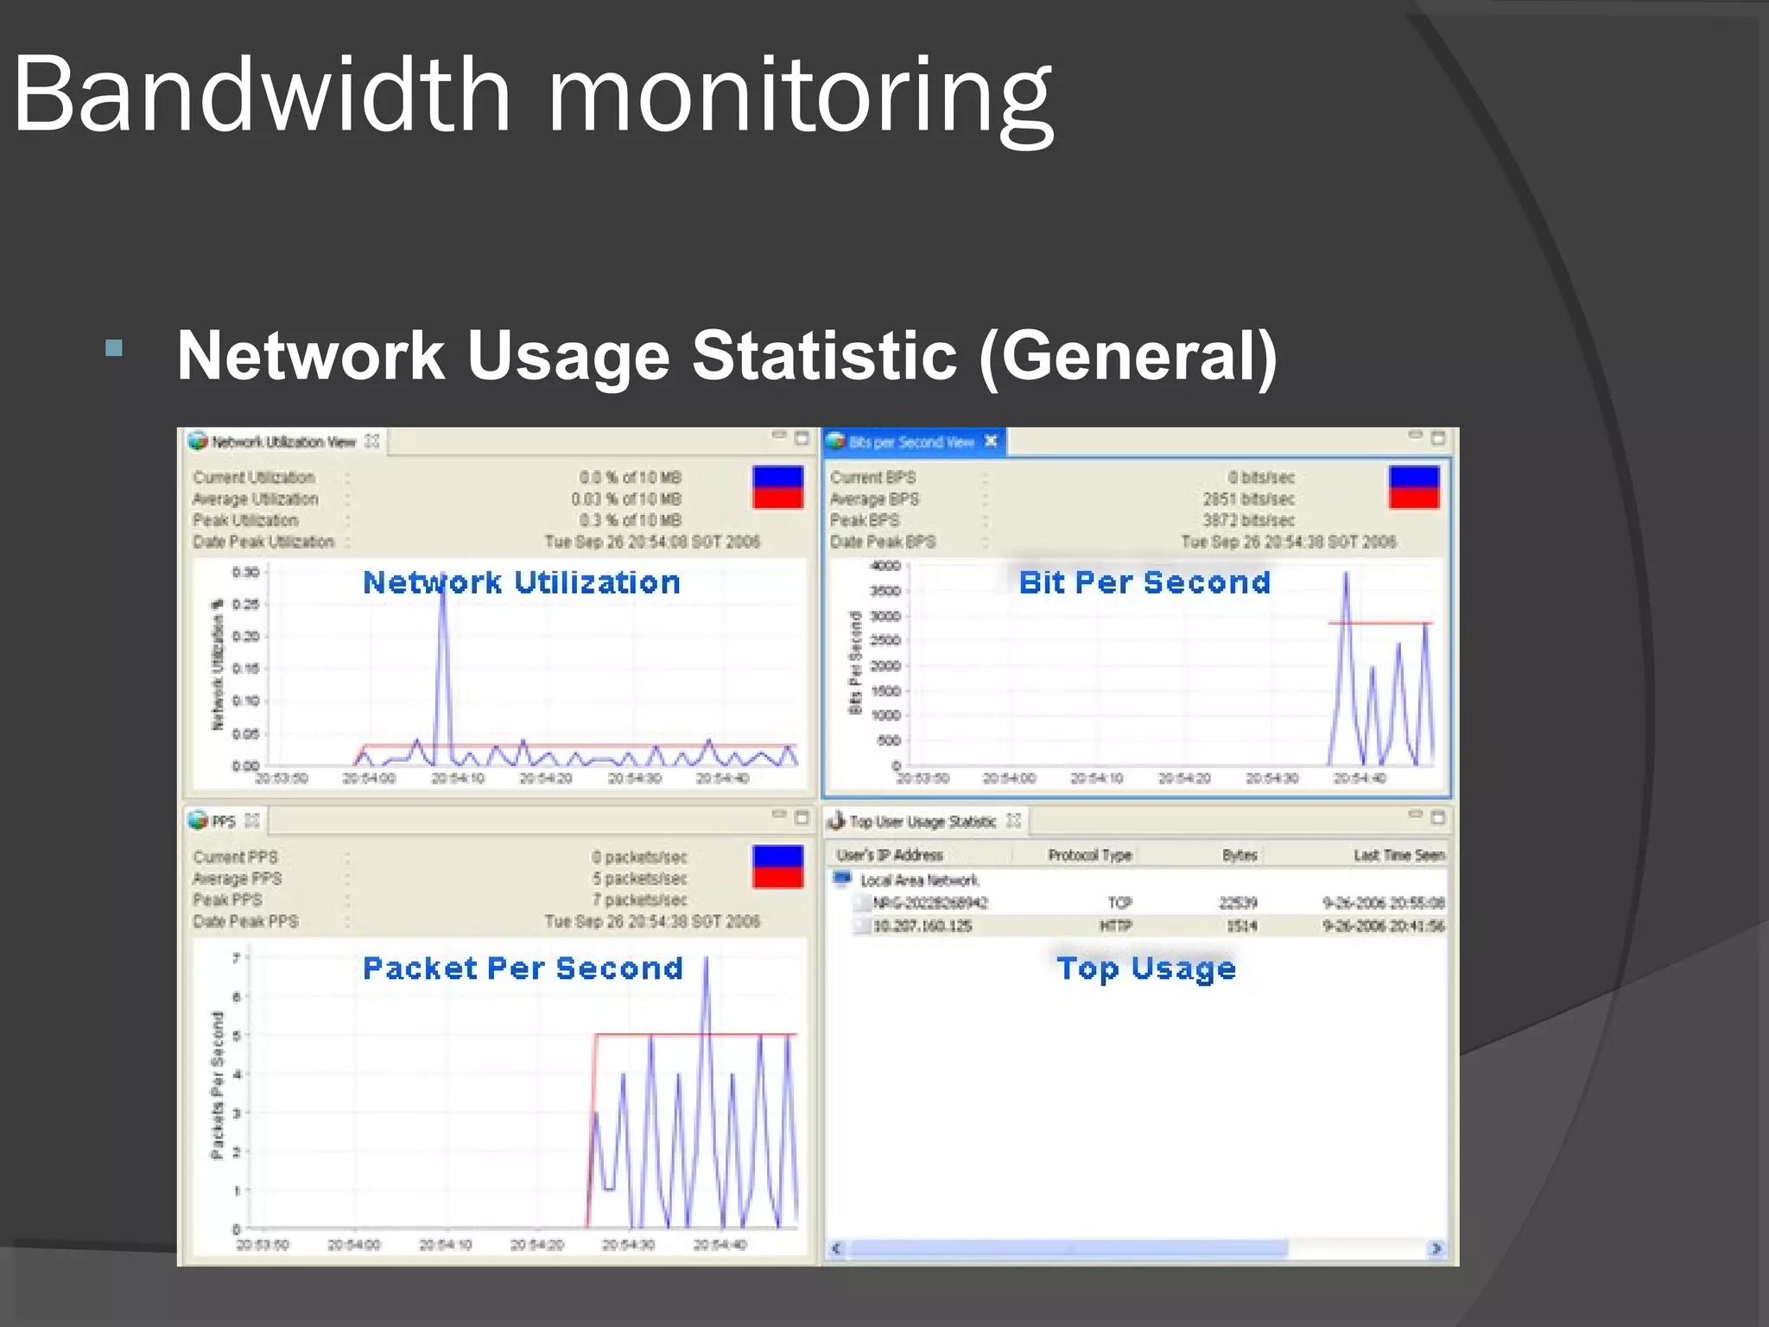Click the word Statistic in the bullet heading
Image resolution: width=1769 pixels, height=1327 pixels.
825,356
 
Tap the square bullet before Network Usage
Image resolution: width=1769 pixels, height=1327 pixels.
114,349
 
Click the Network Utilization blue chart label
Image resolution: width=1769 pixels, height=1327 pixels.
521,582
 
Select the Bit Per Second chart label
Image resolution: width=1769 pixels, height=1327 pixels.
1144,582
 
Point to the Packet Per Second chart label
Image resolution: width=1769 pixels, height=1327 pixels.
523,968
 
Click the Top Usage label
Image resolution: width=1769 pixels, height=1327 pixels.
1146,968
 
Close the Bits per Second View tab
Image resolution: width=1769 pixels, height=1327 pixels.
991,441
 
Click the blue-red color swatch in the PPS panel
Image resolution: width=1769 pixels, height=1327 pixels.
777,867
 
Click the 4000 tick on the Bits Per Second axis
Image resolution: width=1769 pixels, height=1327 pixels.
885,566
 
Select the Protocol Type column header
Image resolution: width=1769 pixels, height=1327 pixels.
1090,855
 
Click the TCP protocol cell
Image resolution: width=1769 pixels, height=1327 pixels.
1119,903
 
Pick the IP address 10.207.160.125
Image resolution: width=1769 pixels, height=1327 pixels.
923,926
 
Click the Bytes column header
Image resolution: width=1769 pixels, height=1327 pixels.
1240,855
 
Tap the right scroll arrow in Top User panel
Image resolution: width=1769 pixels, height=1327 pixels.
1436,1248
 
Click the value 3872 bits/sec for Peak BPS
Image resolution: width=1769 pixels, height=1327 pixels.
1248,520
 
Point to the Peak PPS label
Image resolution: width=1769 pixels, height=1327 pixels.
228,900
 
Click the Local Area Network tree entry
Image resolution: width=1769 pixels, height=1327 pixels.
919,880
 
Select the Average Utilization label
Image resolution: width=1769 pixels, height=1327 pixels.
256,499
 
